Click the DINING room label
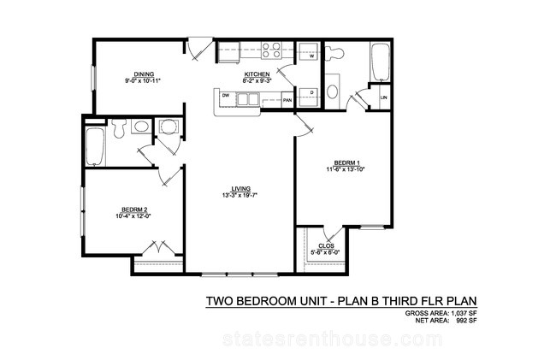[x=144, y=74]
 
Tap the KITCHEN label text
[x=257, y=74]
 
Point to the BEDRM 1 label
[x=345, y=163]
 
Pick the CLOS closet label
[x=326, y=246]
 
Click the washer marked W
[x=308, y=52]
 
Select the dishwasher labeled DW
[x=225, y=95]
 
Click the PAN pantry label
[x=287, y=100]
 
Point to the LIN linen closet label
[x=383, y=97]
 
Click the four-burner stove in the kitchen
[x=271, y=50]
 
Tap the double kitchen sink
[x=247, y=99]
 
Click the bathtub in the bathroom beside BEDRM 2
[x=95, y=147]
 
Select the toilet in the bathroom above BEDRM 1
[x=334, y=53]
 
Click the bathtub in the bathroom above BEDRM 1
[x=380, y=62]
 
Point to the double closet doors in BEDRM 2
[x=159, y=248]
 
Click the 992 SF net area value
[x=466, y=321]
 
